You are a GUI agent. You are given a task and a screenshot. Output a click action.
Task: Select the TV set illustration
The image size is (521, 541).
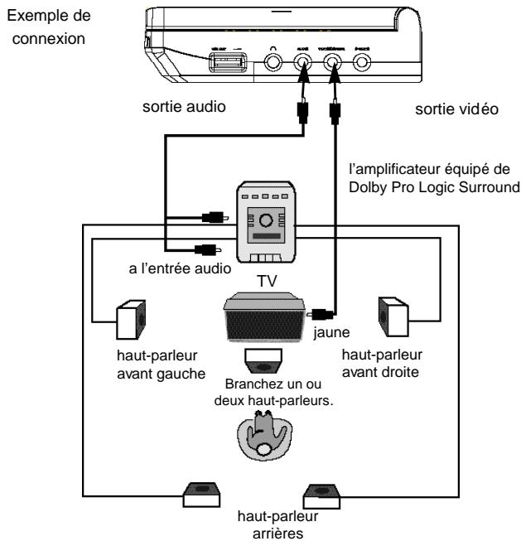pyautogui.click(x=266, y=318)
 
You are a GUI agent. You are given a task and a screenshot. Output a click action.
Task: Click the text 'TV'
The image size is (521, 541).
pyautogui.click(x=268, y=282)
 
